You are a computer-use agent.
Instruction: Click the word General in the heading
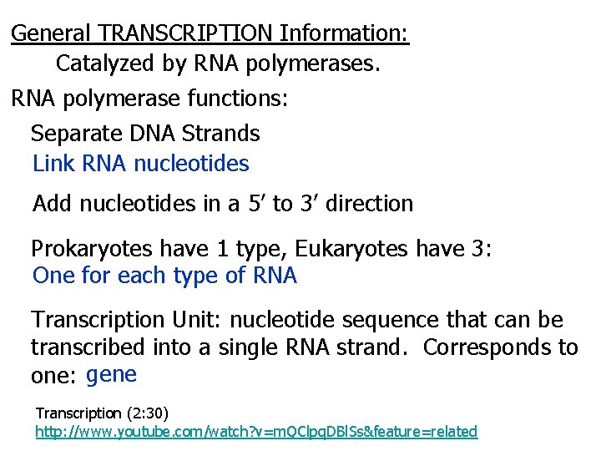[x=51, y=33]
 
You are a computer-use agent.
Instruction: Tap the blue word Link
[x=54, y=164]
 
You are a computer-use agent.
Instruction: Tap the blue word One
[x=54, y=276]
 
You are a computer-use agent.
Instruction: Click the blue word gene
[x=111, y=374]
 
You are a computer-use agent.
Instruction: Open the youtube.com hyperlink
[x=256, y=432]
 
